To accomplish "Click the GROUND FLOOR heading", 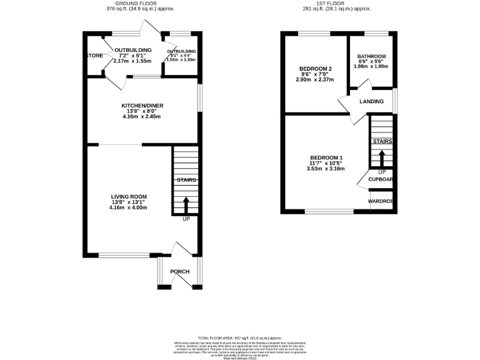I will click(x=140, y=4).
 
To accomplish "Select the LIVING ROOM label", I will click(x=129, y=197).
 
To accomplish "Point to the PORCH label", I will click(x=180, y=271).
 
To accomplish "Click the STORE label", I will click(x=94, y=56).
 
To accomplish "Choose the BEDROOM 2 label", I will click(x=315, y=68).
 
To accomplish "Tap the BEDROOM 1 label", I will click(x=326, y=157).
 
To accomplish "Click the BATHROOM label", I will click(x=371, y=56).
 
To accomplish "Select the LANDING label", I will click(x=371, y=101).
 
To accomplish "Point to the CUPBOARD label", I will click(x=381, y=179).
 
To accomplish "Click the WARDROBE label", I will click(x=381, y=201).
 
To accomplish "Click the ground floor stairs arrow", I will click(x=186, y=204).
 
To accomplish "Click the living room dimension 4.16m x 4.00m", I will click(x=129, y=207).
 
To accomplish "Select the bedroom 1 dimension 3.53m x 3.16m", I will click(x=326, y=168).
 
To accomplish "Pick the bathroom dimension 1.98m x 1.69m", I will click(x=371, y=66).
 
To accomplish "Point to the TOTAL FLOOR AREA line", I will click(x=239, y=337).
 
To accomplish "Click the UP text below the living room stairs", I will click(x=186, y=219).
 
